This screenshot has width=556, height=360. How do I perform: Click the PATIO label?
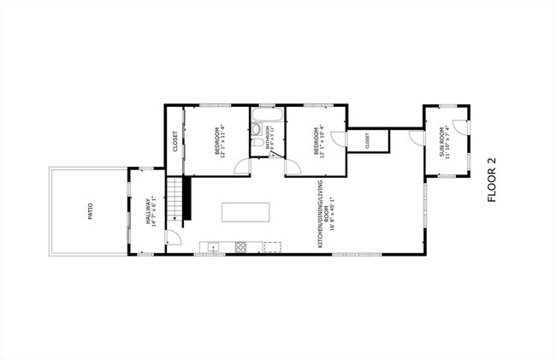coord(90,211)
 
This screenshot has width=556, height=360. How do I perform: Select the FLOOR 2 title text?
coord(491,180)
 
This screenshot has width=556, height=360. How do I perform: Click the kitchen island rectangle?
coord(246,212)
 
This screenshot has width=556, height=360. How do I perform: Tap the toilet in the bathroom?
coord(257,130)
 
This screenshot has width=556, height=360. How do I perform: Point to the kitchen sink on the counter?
coord(214,248)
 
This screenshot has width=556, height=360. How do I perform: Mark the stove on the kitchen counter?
coord(240,248)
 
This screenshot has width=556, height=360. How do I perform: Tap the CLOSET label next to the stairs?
coord(175,139)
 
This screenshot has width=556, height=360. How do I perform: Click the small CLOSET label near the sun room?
coord(367,140)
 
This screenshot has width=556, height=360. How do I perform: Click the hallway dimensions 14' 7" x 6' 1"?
coord(155,210)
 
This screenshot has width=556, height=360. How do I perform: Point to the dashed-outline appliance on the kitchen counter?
coord(273,248)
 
